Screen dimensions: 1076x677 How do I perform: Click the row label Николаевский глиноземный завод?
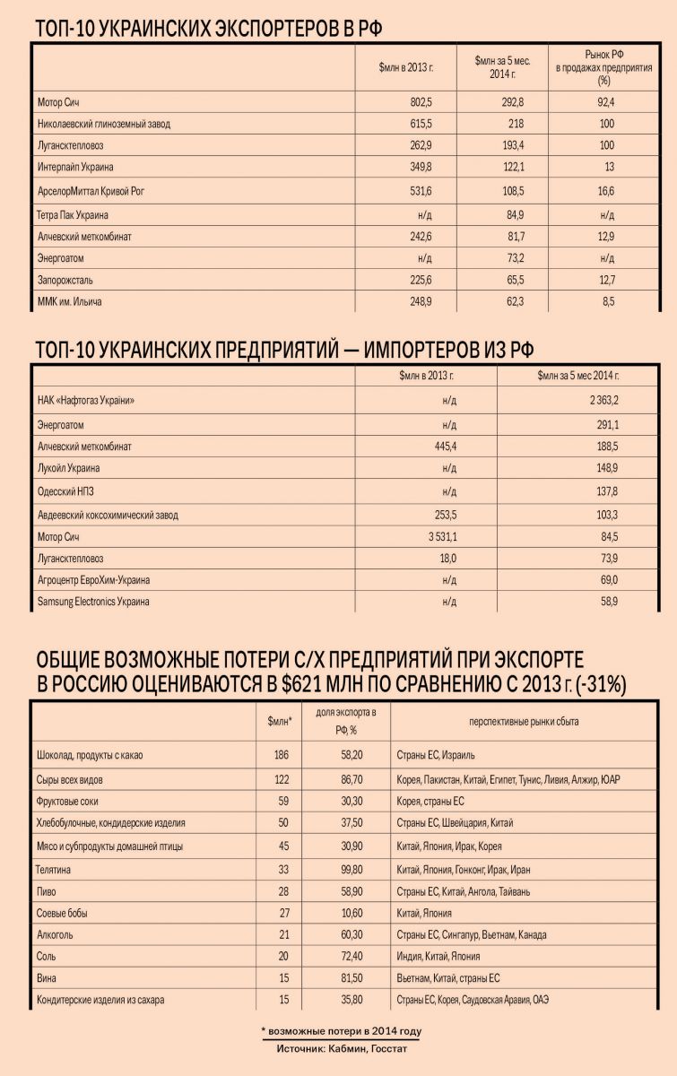click(x=104, y=124)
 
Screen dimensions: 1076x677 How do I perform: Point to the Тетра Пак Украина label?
click(x=74, y=215)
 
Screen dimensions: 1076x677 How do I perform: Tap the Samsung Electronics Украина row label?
click(x=93, y=602)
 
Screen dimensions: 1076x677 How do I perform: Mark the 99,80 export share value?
click(x=345, y=868)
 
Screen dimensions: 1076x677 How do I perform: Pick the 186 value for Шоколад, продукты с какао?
click(x=282, y=755)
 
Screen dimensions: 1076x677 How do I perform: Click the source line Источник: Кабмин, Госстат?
click(x=341, y=1047)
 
